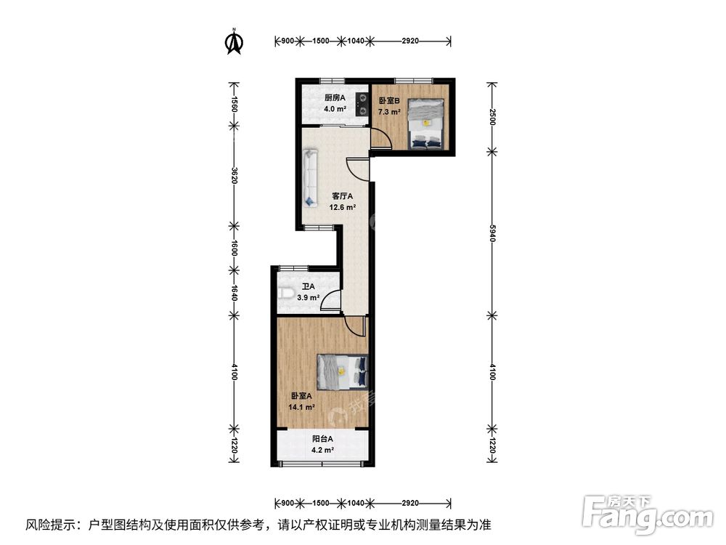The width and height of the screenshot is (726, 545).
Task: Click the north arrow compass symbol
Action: [234, 41]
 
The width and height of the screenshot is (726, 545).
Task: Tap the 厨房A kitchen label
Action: [335, 98]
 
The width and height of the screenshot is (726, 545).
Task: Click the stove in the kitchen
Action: [361, 104]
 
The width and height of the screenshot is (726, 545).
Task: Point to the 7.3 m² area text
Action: [389, 112]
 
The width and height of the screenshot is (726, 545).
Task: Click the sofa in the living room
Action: [310, 177]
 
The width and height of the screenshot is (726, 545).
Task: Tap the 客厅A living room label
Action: [343, 196]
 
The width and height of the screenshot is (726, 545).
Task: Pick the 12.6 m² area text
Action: [343, 208]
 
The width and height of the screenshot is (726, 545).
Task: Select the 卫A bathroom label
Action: [309, 286]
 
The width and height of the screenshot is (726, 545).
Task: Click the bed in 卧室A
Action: [343, 372]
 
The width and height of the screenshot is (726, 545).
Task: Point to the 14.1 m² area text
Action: [302, 408]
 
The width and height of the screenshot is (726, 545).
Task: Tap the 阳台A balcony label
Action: [322, 438]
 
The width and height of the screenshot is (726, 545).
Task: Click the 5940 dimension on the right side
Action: [492, 233]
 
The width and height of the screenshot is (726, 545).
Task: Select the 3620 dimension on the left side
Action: [234, 176]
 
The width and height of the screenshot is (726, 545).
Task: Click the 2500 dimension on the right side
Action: [492, 116]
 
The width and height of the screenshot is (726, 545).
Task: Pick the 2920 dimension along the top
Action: [410, 41]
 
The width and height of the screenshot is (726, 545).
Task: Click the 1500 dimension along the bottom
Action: [321, 503]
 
